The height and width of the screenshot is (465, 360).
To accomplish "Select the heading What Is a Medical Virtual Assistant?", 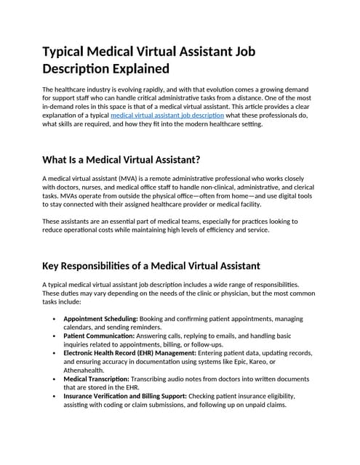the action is [x=121, y=160].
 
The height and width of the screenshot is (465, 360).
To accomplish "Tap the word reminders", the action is [x=158, y=328].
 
